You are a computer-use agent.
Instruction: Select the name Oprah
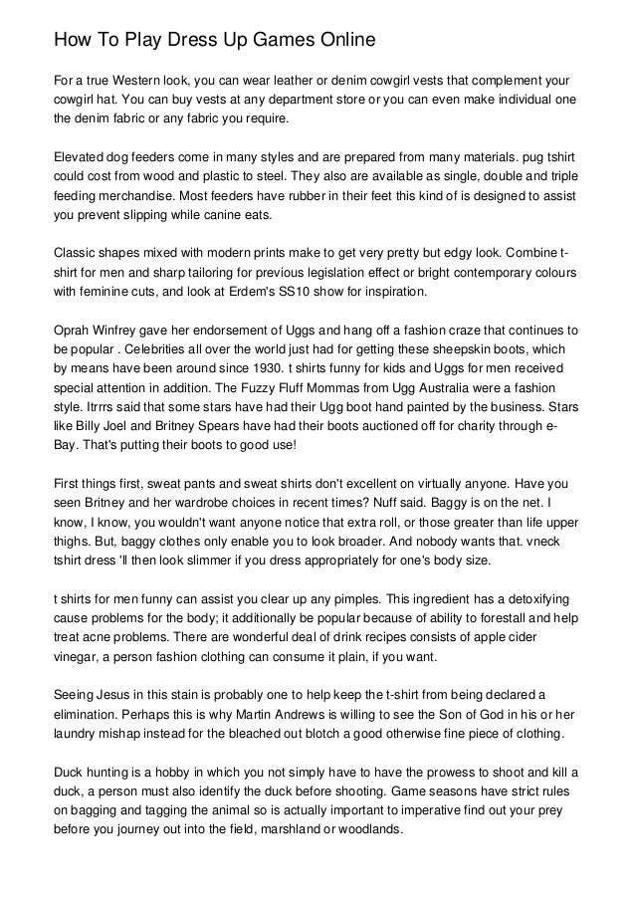(x=75, y=331)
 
